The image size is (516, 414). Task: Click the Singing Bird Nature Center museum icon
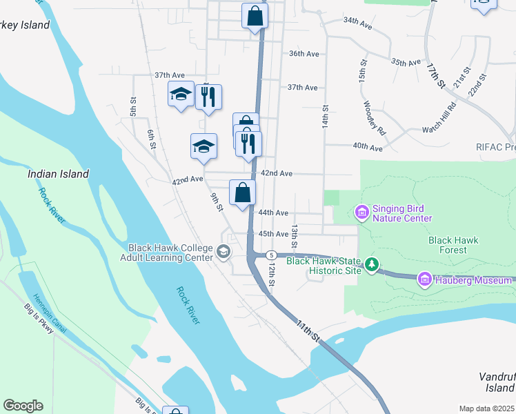click(361, 213)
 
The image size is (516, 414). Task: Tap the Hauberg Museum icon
click(424, 279)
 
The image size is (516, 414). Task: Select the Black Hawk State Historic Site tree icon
click(372, 264)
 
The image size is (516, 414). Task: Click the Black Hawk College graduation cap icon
click(223, 252)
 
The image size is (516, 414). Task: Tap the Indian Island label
click(58, 175)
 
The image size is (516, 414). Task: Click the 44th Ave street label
click(272, 213)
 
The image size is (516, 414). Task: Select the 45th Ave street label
click(272, 234)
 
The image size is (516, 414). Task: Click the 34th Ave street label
click(357, 21)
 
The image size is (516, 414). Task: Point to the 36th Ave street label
click(304, 54)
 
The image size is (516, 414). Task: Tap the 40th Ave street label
click(367, 148)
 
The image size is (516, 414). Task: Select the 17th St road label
click(437, 75)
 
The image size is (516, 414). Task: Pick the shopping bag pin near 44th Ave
click(242, 193)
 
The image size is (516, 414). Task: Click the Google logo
click(23, 406)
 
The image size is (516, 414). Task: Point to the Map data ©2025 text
click(486, 408)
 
